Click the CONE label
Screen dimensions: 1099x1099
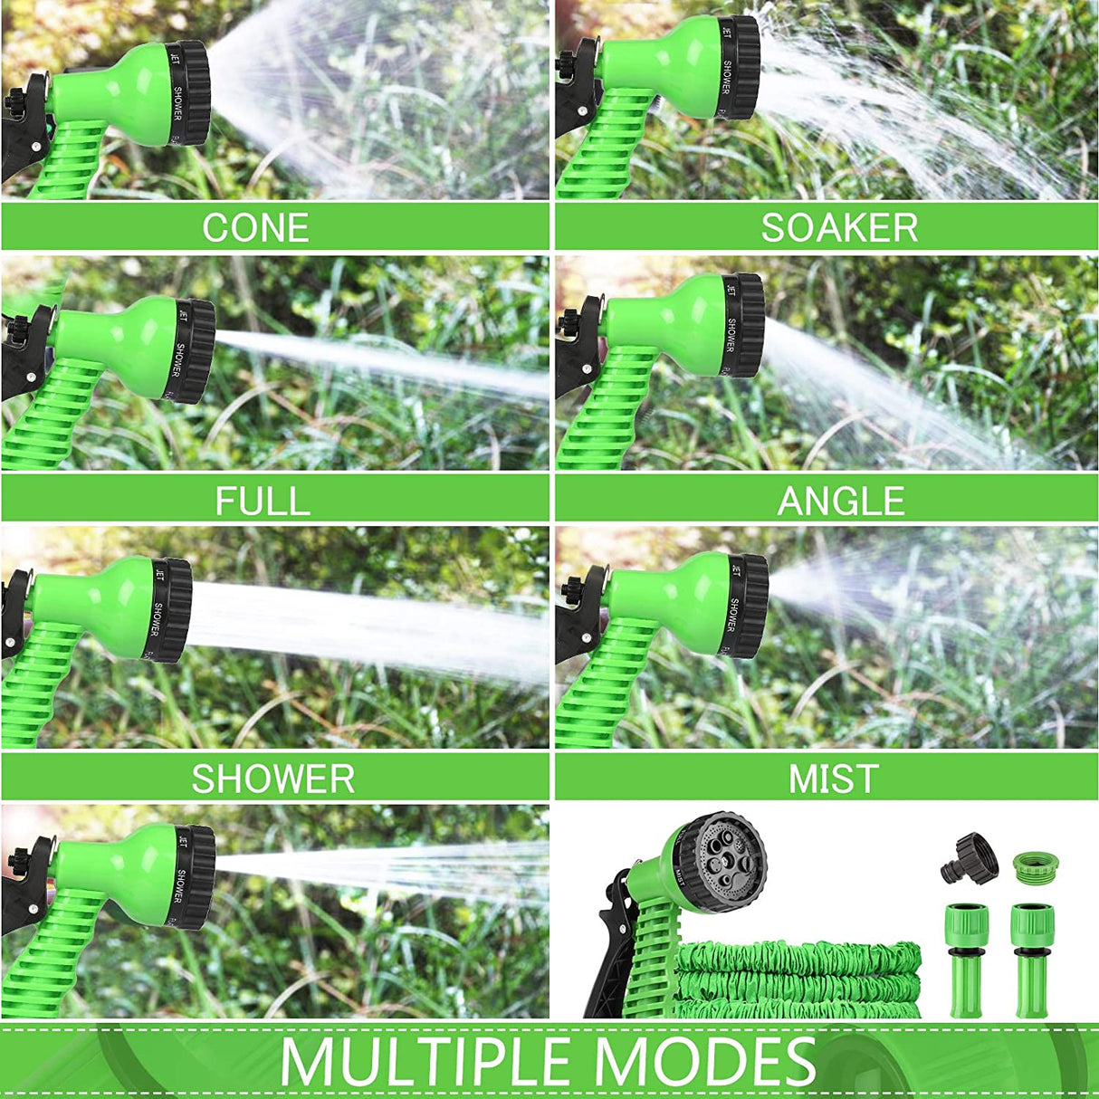[255, 227]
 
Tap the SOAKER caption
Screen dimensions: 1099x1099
[839, 227]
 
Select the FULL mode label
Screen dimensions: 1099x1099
[263, 501]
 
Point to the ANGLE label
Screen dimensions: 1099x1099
[841, 501]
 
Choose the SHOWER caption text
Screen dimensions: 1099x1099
[272, 779]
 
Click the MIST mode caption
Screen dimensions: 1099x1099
[834, 779]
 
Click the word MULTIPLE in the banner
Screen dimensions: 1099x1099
[425, 1061]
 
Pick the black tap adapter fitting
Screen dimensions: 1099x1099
[970, 857]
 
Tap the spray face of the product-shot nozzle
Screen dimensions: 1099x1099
[724, 855]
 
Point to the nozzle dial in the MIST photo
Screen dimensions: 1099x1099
[750, 605]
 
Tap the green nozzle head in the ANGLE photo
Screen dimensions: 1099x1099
[670, 321]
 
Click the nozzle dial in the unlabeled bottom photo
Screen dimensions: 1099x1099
[196, 875]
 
